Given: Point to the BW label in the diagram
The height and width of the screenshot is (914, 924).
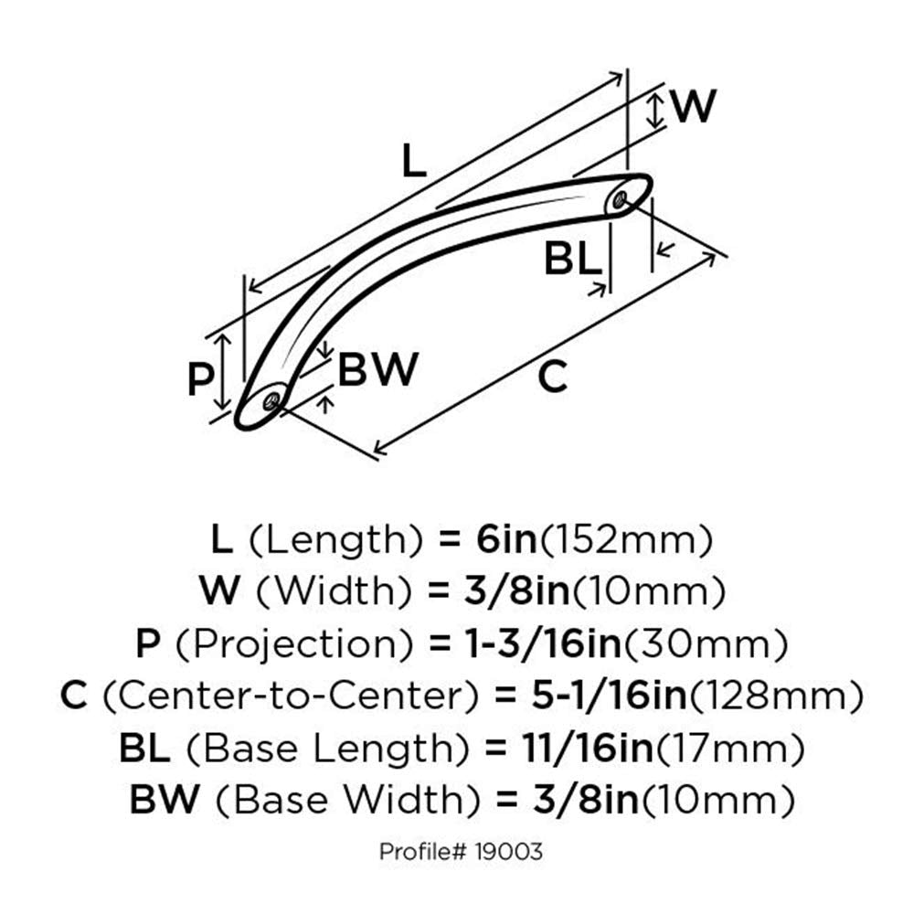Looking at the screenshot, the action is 377,369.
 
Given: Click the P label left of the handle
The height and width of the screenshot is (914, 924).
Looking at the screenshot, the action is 200,379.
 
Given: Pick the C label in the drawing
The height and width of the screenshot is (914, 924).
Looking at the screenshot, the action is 552,377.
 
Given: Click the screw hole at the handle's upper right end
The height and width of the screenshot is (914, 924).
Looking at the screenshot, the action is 619,200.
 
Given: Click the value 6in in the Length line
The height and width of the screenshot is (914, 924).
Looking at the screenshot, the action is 506,539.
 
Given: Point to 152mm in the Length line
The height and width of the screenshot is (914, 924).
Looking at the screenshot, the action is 626,540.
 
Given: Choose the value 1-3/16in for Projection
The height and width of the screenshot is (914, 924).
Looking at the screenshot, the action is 543,644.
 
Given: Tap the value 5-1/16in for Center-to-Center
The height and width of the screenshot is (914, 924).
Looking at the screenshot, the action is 609,696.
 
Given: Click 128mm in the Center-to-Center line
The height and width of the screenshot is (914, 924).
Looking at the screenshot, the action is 776,696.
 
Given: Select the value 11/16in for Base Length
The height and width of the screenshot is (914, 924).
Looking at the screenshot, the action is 588,748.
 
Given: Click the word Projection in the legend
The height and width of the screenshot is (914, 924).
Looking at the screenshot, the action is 294,644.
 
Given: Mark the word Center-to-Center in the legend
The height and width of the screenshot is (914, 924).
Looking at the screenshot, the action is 291,696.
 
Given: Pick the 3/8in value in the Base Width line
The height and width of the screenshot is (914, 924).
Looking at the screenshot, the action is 586,800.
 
